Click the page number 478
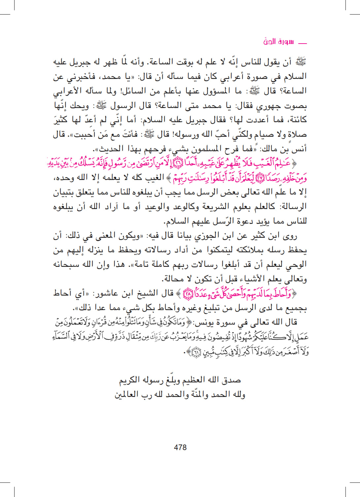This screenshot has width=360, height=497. tap(180, 447)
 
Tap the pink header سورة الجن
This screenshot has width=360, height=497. tap(278, 42)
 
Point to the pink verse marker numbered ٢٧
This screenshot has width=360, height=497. tap(260, 178)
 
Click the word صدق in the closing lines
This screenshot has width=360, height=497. tap(231, 380)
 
